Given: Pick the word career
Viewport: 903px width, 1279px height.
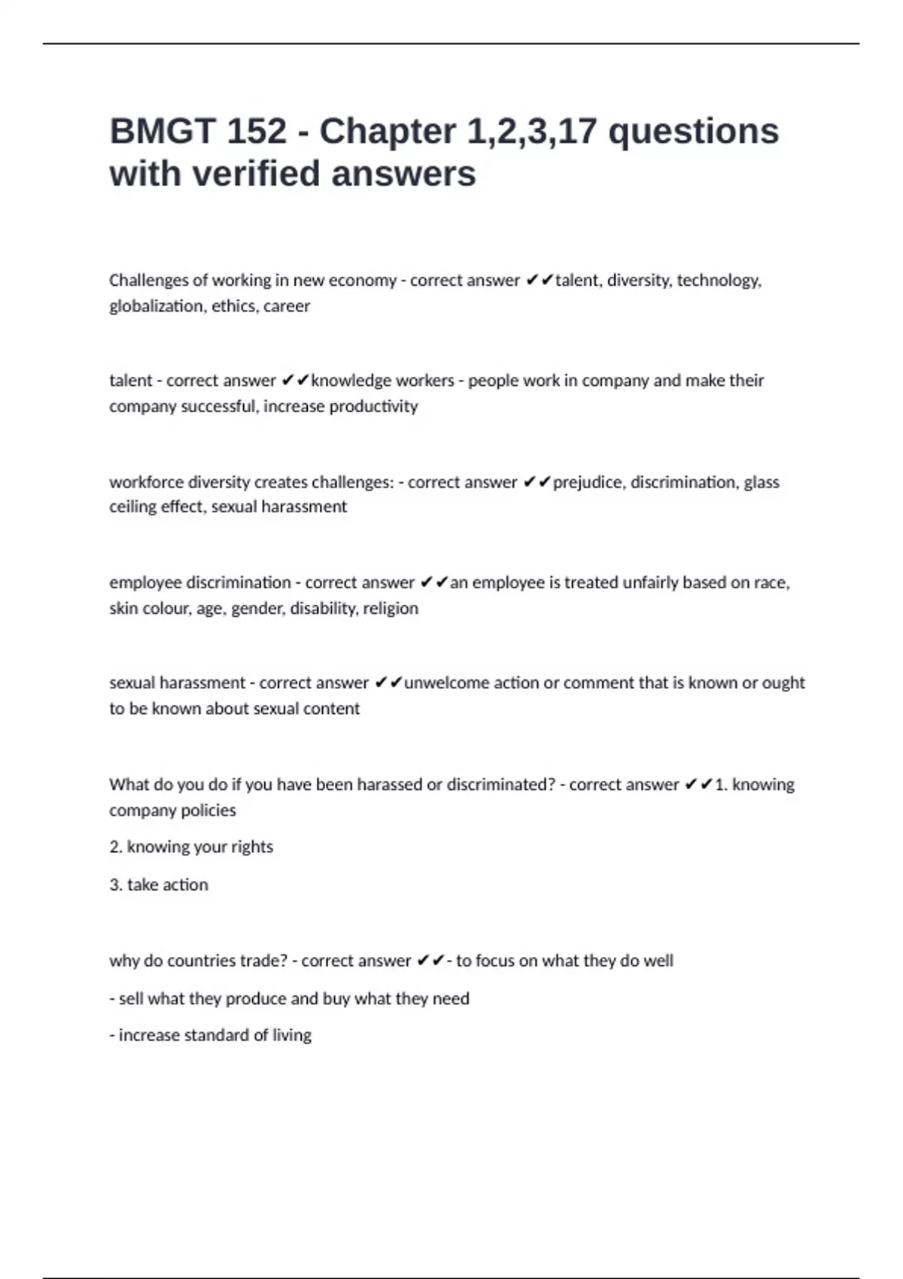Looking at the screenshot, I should pos(287,306).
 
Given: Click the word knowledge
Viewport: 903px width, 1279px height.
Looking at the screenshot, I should pos(345,381).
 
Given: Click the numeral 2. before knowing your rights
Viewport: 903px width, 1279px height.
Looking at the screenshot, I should pos(116,847).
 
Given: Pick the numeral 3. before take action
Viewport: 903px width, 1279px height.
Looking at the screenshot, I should pos(116,885).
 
